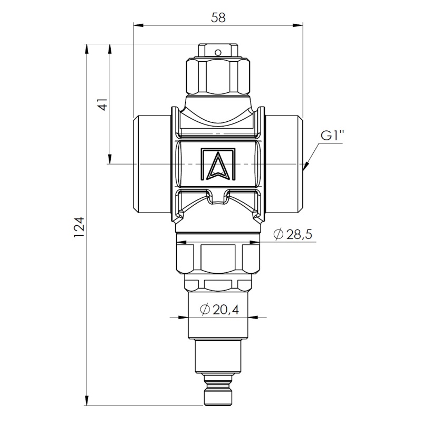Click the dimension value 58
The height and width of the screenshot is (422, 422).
218,18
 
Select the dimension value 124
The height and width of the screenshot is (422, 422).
80,227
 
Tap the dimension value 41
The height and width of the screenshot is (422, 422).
103,104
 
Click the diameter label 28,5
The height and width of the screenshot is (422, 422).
293,234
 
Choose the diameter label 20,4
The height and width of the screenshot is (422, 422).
219,310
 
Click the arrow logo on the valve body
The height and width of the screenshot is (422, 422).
218,164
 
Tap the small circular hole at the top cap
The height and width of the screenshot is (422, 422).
218,52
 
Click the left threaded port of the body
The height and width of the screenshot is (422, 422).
152,164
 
